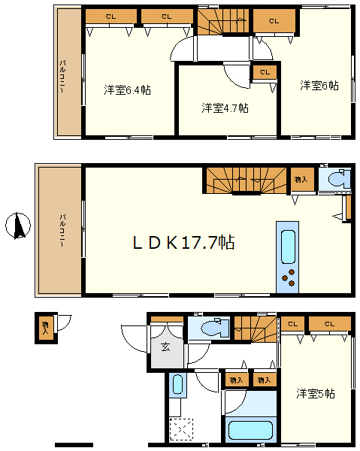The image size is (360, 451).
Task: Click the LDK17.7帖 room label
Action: click(x=183, y=243)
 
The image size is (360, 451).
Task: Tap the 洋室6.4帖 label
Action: click(x=127, y=90)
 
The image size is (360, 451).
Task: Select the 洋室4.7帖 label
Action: click(x=225, y=107)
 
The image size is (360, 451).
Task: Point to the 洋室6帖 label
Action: click(x=319, y=86)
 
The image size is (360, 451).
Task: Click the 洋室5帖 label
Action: click(x=316, y=393)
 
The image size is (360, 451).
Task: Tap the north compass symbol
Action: click(x=18, y=226)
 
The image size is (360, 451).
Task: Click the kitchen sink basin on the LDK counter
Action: click(x=288, y=247)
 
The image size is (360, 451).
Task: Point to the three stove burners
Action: click(x=289, y=277)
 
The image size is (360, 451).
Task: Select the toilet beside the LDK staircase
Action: click(x=339, y=179)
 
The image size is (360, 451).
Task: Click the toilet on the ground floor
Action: click(x=215, y=327)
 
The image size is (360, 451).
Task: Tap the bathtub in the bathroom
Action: click(x=250, y=431)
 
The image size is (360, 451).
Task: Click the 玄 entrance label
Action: click(x=165, y=347)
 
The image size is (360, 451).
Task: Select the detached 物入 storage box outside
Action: click(x=46, y=328)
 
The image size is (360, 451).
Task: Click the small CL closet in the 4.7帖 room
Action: click(x=265, y=72)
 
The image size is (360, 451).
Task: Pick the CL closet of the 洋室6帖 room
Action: click(x=274, y=21)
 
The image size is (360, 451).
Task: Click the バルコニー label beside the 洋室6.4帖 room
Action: click(x=62, y=77)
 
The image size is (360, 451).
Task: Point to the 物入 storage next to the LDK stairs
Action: click(x=301, y=180)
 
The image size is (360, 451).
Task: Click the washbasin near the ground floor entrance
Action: click(x=177, y=384)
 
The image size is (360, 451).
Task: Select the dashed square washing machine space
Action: click(x=181, y=429)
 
